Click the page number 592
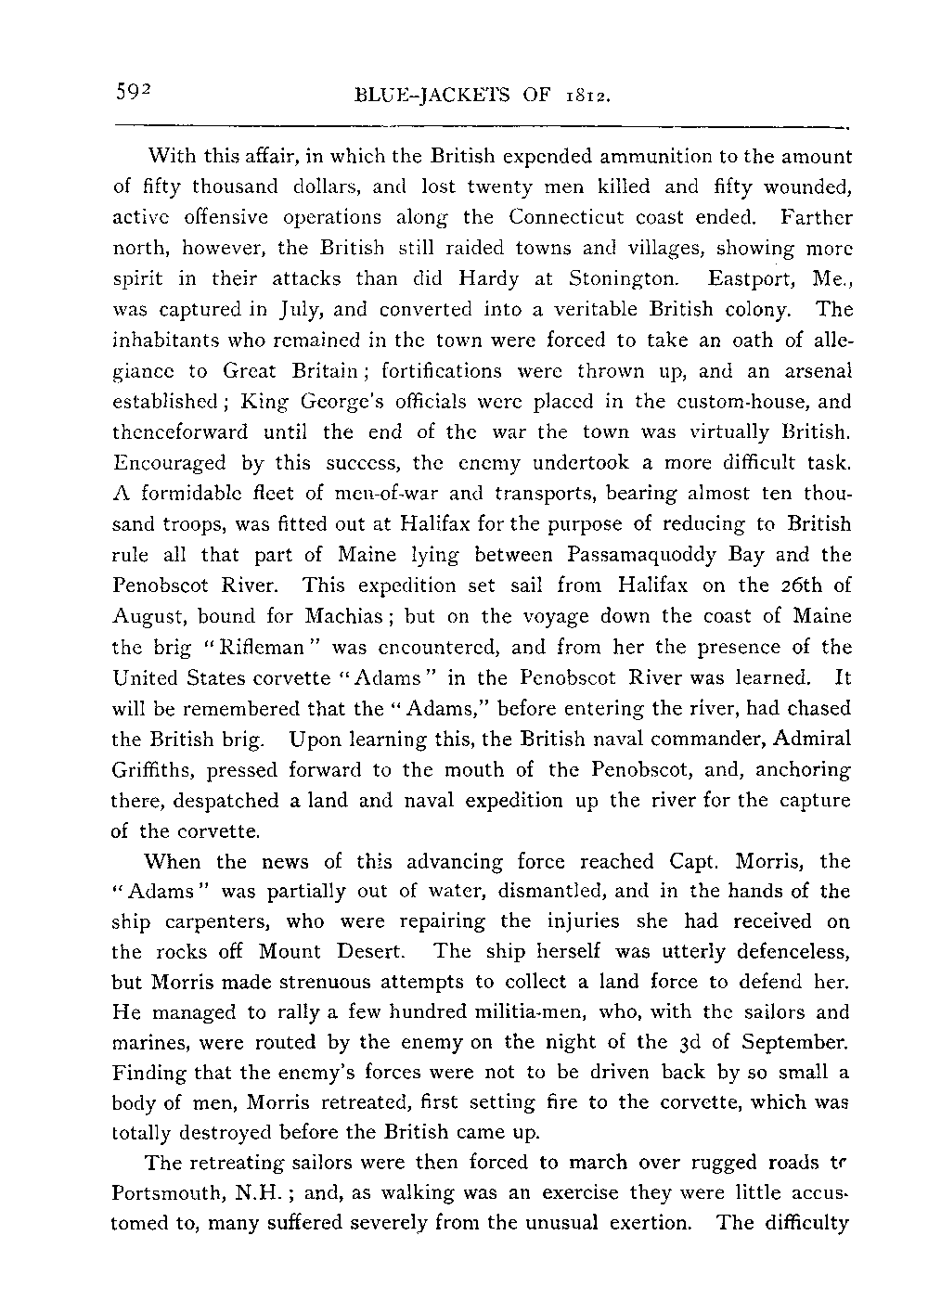[133, 92]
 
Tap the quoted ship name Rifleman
[255, 647]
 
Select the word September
[788, 1041]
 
